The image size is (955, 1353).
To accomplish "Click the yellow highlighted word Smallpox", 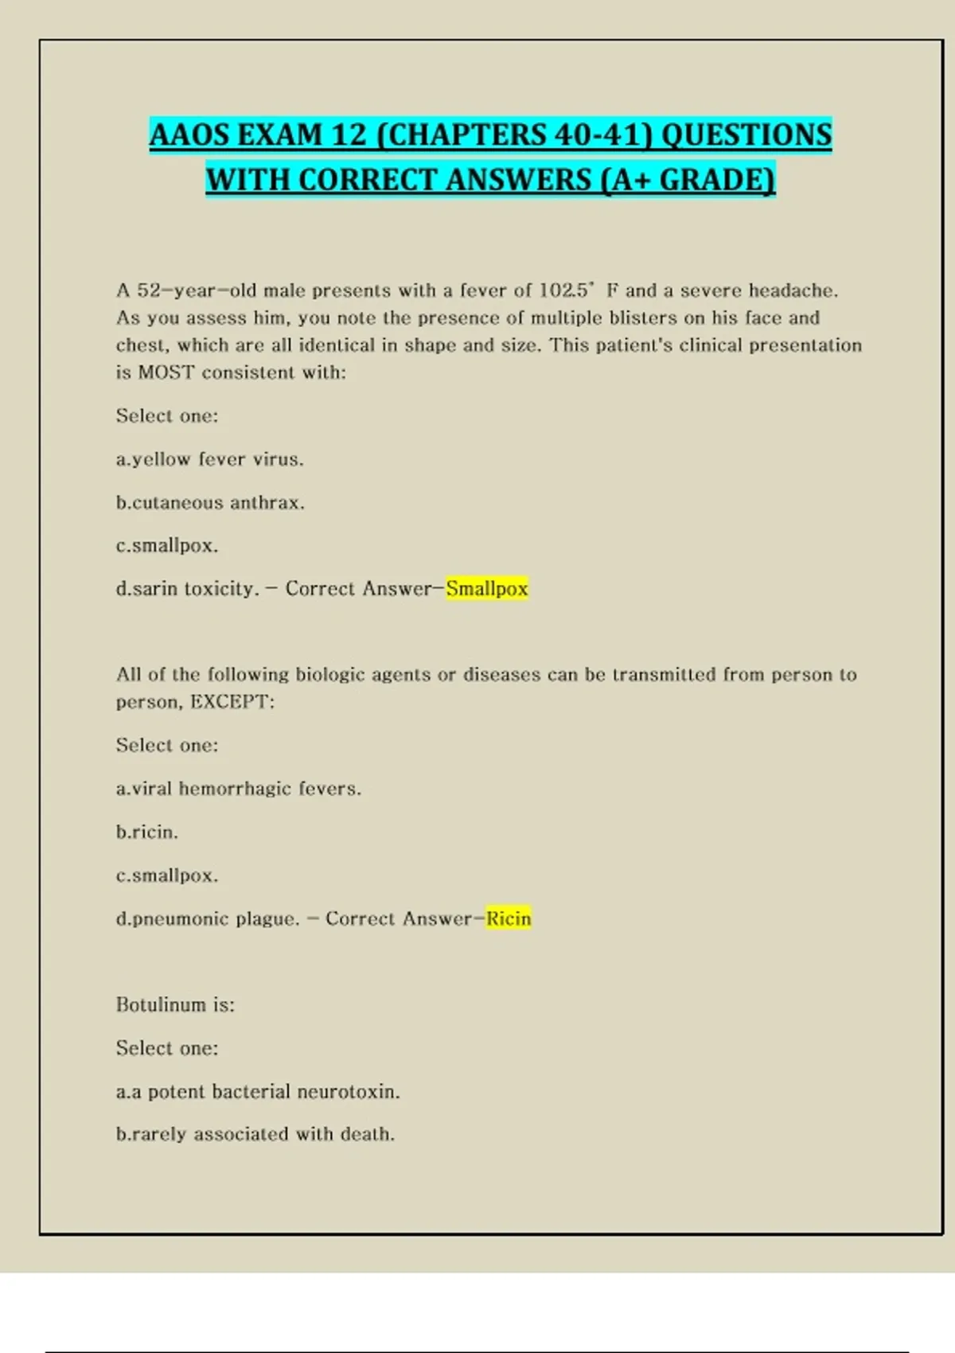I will (x=486, y=589).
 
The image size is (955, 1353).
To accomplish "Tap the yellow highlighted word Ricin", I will (x=509, y=918).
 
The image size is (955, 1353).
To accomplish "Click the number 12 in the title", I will (x=349, y=135).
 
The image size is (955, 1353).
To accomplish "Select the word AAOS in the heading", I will (x=189, y=135).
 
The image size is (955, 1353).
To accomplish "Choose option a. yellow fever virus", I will (x=210, y=459).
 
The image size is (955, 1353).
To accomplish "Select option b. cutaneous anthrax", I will (x=210, y=503).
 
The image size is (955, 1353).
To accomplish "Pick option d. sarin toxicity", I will (x=188, y=589).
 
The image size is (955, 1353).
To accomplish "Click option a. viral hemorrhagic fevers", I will (x=239, y=789).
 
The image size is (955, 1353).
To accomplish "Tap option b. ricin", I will (x=147, y=832).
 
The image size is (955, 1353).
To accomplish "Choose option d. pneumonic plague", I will (x=208, y=918).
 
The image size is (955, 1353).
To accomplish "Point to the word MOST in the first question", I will (x=166, y=372).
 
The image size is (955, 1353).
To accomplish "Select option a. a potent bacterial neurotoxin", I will (x=258, y=1091).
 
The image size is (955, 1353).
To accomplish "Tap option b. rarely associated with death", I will (x=255, y=1134).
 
